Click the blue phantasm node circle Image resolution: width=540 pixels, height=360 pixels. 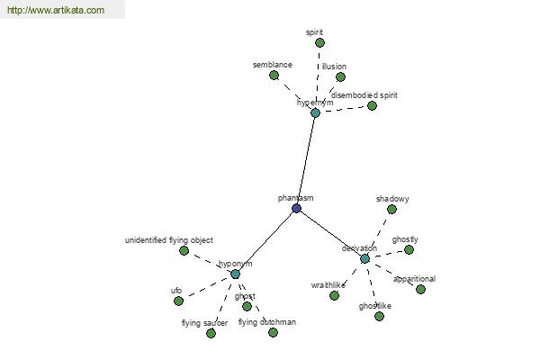point(296,209)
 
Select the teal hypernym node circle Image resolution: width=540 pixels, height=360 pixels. point(315,112)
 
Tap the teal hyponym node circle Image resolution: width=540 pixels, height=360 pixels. point(235,274)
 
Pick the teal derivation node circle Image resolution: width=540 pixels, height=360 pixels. point(364,258)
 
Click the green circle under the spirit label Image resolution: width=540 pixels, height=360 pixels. point(319,42)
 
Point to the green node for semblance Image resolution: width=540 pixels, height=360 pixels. point(274,75)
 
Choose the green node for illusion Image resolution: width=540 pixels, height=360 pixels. point(340,76)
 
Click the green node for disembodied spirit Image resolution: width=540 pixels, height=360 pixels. point(372,106)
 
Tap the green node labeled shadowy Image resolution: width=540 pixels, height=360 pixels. point(391,209)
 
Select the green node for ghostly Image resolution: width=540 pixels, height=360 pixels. point(409,250)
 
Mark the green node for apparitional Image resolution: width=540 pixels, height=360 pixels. point(420,290)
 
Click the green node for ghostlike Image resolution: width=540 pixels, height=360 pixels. point(379,316)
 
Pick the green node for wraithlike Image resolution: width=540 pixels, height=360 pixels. point(334,295)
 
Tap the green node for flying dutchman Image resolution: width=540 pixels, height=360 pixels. point(273,332)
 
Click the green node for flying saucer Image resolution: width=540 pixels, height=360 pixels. point(211,333)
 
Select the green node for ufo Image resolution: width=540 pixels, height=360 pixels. point(178,301)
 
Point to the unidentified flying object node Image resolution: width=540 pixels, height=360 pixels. point(184,250)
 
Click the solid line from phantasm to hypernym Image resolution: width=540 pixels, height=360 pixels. point(306,160)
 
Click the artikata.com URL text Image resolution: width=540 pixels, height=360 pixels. point(56,10)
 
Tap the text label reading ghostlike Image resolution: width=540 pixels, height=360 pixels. point(374,306)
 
